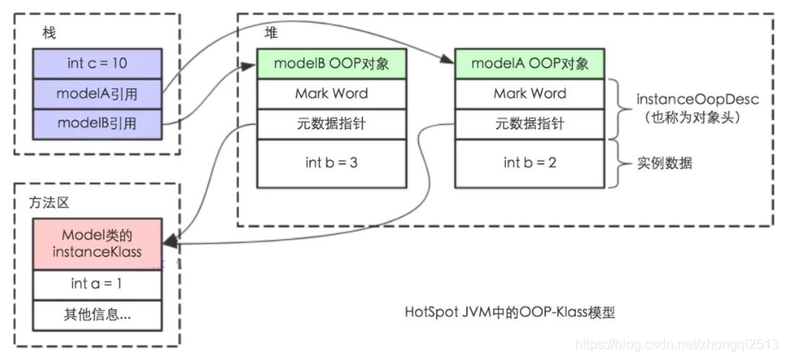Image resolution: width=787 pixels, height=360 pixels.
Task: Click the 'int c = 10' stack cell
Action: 97,63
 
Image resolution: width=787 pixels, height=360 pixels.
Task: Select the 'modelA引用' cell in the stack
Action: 97,93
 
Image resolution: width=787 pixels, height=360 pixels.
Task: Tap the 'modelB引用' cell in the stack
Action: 97,123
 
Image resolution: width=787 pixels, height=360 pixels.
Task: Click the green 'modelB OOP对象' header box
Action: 331,63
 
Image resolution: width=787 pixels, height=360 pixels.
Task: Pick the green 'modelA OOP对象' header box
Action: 530,63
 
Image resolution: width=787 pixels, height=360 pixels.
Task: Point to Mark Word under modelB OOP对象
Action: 331,93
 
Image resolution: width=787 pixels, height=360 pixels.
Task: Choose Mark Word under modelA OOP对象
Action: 530,93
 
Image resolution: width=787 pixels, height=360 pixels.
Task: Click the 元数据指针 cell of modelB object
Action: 331,123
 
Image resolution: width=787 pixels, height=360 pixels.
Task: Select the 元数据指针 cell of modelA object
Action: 530,123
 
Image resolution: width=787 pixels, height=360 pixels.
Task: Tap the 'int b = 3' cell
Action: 331,163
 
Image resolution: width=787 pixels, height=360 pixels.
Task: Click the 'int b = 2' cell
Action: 530,163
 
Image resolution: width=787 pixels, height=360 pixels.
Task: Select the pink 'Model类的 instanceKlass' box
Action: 97,243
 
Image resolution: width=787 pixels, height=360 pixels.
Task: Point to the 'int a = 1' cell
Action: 97,283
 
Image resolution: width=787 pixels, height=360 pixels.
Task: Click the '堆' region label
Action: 270,32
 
